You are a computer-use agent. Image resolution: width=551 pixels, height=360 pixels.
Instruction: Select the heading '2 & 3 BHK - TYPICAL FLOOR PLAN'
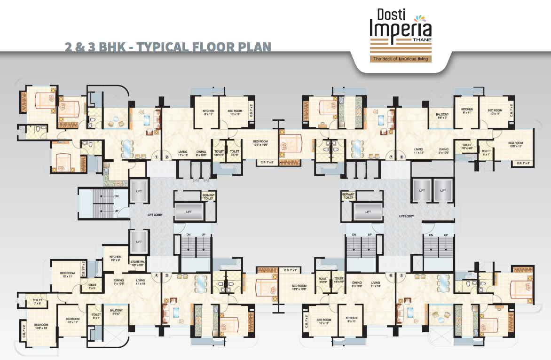(x=168, y=47)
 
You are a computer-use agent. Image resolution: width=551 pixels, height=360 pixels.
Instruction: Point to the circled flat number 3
(x=166, y=276)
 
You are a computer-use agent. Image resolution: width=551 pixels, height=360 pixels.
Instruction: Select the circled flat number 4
(x=157, y=276)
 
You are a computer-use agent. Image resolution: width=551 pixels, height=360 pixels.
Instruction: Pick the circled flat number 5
(x=401, y=276)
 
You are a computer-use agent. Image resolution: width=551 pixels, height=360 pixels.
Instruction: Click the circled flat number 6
(x=391, y=276)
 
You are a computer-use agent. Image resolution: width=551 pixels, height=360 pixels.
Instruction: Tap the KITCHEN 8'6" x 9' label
(x=116, y=258)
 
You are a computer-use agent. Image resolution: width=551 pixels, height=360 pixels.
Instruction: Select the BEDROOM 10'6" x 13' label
(x=41, y=326)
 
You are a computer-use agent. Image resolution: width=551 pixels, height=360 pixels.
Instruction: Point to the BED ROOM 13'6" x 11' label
(x=515, y=145)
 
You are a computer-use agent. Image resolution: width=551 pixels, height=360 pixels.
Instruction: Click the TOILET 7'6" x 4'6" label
(x=466, y=147)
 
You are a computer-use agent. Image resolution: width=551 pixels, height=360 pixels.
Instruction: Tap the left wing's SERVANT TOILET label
(x=208, y=196)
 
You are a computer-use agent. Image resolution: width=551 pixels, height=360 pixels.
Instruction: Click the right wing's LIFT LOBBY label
(x=406, y=216)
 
